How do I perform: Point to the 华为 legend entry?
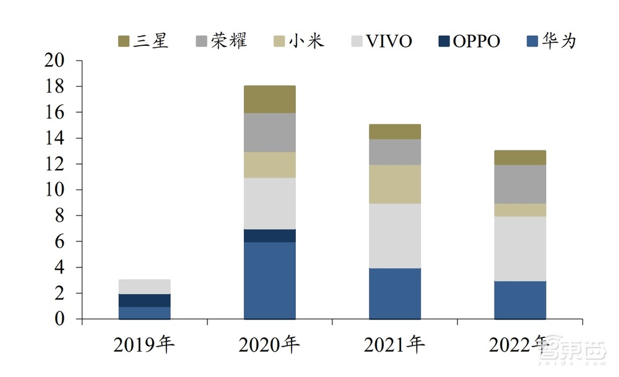pyautogui.click(x=550, y=41)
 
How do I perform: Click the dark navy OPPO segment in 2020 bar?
pyautogui.click(x=269, y=236)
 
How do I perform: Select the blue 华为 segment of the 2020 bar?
pyautogui.click(x=269, y=280)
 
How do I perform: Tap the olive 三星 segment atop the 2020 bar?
pyautogui.click(x=269, y=99)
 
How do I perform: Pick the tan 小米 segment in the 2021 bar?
pyautogui.click(x=394, y=184)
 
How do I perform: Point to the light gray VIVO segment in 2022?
pyautogui.click(x=519, y=248)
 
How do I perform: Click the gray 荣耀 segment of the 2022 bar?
pyautogui.click(x=519, y=184)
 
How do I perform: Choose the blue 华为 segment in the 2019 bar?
pyautogui.click(x=144, y=313)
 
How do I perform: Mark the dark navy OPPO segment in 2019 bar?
pyautogui.click(x=144, y=300)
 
